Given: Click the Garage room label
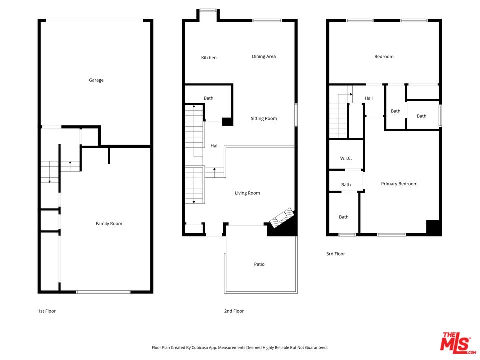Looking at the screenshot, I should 96,80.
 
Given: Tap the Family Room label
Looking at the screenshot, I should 109,224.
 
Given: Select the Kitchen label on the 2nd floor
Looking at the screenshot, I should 209,58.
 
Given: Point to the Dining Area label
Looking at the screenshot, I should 264,57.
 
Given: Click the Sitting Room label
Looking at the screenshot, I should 264,119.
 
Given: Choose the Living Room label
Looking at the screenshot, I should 247,193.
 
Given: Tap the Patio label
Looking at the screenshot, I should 259,264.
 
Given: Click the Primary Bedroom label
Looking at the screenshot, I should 399,184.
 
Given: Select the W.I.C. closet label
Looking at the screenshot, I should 346,158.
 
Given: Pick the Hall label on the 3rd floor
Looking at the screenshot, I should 368,98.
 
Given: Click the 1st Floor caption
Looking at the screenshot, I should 47,311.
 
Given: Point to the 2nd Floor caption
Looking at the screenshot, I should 234,311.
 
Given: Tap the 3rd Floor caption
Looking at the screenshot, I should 335,254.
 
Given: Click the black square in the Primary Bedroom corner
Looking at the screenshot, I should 433,227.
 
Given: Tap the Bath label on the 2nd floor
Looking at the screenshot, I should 209,98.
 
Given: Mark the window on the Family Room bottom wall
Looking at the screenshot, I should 103,292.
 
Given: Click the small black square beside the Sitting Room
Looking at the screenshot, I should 227,121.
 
